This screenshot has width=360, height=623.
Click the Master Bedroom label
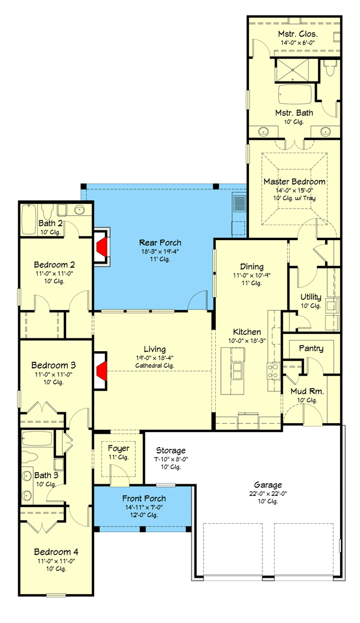click(295, 181)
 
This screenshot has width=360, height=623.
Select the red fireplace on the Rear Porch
click(101, 247)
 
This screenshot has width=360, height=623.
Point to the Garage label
click(268, 485)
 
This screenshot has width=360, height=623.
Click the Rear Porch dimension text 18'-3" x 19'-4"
click(160, 251)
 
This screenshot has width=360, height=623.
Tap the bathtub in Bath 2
click(29, 220)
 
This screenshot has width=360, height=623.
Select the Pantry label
click(311, 348)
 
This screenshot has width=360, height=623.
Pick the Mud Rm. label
click(307, 391)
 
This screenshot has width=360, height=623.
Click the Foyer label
click(118, 448)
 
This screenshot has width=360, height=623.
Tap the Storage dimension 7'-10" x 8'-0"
click(171, 459)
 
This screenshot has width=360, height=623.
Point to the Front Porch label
click(144, 498)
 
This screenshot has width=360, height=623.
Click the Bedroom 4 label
click(56, 552)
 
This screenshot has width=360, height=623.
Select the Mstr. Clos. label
click(298, 34)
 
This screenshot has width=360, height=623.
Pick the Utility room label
click(311, 297)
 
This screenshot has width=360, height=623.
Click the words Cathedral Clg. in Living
click(155, 366)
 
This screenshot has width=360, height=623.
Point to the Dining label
click(252, 267)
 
